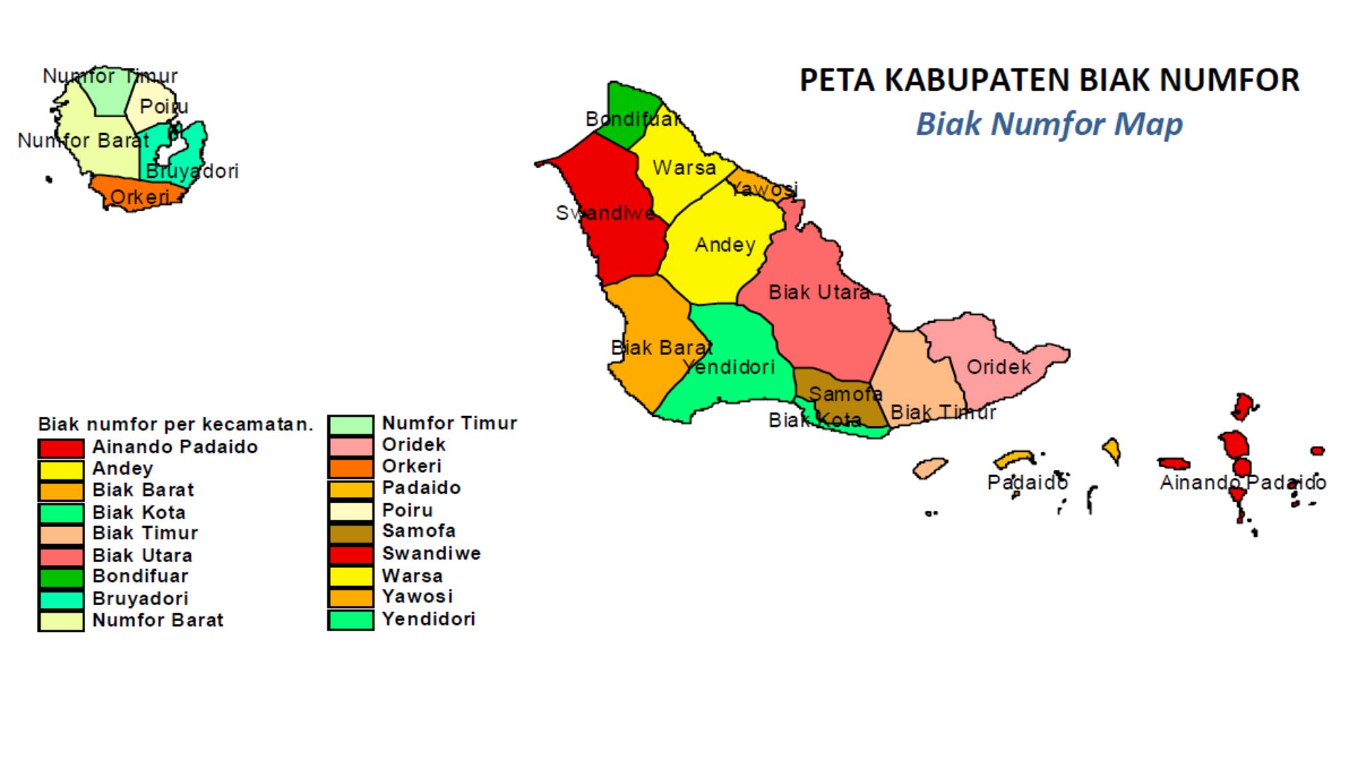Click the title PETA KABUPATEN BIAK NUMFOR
pyautogui.click(x=1049, y=80)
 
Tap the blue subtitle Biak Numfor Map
pyautogui.click(x=1049, y=124)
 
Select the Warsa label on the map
pyautogui.click(x=684, y=168)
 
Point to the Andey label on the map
pyautogui.click(x=725, y=245)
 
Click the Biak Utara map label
pyautogui.click(x=819, y=292)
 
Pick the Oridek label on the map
pyautogui.click(x=998, y=367)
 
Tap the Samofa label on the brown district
pyautogui.click(x=845, y=394)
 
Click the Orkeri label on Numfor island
pyautogui.click(x=140, y=197)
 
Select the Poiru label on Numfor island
pyautogui.click(x=164, y=107)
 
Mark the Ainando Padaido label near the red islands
pyautogui.click(x=1242, y=483)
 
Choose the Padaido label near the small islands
pyautogui.click(x=1027, y=483)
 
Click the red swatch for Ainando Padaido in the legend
pyautogui.click(x=61, y=448)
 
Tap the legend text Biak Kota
pyautogui.click(x=139, y=512)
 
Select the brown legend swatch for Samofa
pyautogui.click(x=351, y=533)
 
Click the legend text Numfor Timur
pyautogui.click(x=449, y=423)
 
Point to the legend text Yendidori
pyautogui.click(x=429, y=619)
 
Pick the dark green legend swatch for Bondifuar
pyautogui.click(x=61, y=578)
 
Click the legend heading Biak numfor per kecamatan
pyautogui.click(x=175, y=424)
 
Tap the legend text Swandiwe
pyautogui.click(x=431, y=553)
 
